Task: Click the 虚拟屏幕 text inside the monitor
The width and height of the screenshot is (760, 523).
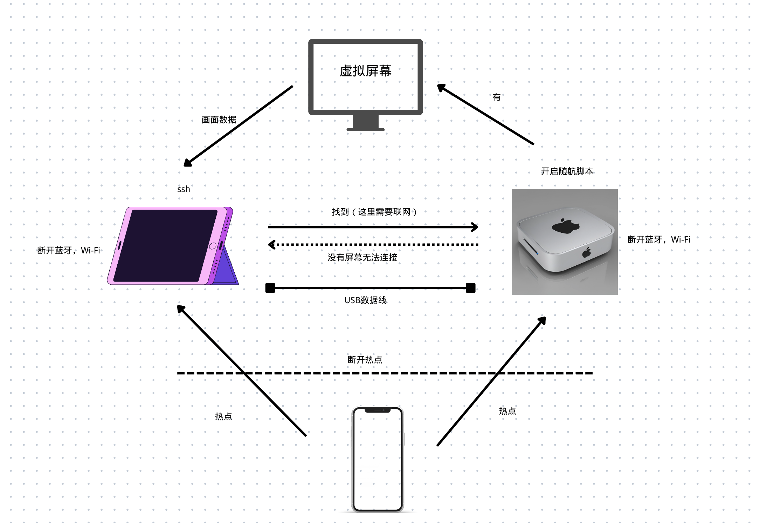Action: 365,71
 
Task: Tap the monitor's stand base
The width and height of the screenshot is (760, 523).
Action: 365,129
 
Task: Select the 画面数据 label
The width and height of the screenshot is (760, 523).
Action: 219,120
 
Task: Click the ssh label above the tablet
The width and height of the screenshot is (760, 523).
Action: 184,189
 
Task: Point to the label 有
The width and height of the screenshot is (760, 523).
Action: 497,97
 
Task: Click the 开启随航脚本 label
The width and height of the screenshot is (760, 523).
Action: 567,171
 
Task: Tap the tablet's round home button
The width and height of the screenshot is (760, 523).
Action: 213,246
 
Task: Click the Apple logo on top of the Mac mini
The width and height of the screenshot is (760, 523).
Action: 565,226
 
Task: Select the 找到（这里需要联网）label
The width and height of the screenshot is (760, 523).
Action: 374,212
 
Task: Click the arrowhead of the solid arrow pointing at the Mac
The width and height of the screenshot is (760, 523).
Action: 475,227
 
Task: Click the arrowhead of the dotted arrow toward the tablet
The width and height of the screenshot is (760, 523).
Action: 272,245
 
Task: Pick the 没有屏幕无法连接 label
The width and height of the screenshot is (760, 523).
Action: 362,258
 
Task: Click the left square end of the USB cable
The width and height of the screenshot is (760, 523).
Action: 270,288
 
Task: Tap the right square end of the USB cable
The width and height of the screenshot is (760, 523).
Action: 471,288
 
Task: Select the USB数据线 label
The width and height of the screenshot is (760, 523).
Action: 365,300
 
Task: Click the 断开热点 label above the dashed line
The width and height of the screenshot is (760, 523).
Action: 365,360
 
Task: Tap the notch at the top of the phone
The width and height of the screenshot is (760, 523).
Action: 378,410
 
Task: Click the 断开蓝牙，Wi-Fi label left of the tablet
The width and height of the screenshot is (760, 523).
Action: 69,250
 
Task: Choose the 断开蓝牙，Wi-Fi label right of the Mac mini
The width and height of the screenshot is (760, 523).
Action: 659,240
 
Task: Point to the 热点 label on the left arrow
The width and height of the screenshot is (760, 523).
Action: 223,416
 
